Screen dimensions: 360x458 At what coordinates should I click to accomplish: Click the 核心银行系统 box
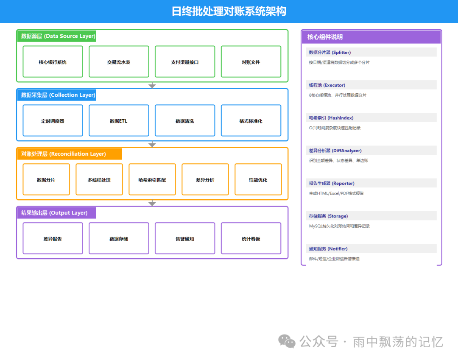[53, 62]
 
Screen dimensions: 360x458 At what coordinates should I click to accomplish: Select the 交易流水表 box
[119, 62]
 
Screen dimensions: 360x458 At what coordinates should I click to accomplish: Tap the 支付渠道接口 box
[185, 62]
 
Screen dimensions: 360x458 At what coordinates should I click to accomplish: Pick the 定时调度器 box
[53, 121]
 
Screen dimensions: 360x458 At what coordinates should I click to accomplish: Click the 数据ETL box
[119, 121]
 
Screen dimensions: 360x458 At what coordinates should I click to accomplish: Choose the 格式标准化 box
[251, 121]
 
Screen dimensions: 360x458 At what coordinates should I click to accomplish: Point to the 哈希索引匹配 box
[152, 180]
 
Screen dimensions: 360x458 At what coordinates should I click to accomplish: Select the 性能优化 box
[258, 180]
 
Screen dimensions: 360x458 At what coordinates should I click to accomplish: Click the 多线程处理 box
[99, 180]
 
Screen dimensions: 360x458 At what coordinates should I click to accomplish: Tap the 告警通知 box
[185, 239]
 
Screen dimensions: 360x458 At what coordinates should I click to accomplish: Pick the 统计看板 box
[251, 239]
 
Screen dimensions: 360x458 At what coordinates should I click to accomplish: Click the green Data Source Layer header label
[57, 36]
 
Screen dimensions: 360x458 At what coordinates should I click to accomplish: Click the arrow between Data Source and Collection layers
[152, 86]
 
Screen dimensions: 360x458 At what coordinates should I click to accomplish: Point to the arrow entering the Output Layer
[152, 204]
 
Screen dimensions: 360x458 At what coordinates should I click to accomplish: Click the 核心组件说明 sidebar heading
[325, 37]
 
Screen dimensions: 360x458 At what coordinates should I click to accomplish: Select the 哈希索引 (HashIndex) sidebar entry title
[331, 118]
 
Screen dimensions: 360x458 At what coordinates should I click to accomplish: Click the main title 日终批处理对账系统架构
[229, 11]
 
